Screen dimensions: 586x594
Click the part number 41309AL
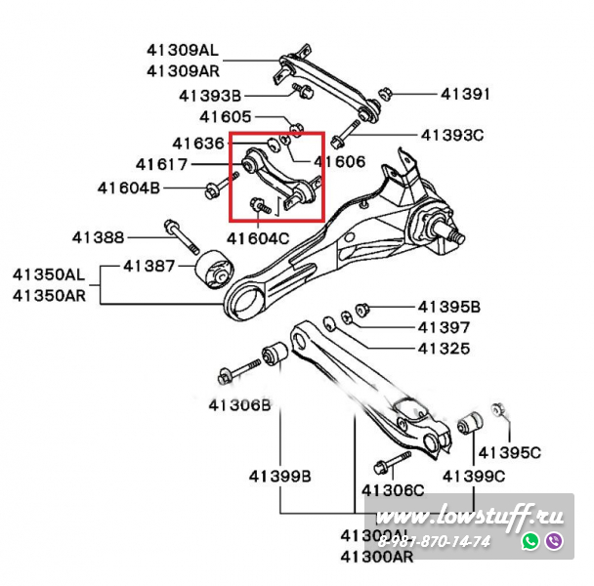[183, 50]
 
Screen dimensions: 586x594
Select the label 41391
[465, 95]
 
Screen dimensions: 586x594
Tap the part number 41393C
[452, 135]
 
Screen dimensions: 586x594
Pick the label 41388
[98, 236]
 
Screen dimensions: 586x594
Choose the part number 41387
[149, 266]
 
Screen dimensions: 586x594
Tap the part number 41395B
[449, 307]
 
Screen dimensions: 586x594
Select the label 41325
[443, 348]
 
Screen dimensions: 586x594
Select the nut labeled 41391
[384, 95]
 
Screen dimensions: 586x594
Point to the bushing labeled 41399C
[470, 426]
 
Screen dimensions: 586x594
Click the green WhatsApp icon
[530, 540]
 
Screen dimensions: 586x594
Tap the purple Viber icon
[554, 540]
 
